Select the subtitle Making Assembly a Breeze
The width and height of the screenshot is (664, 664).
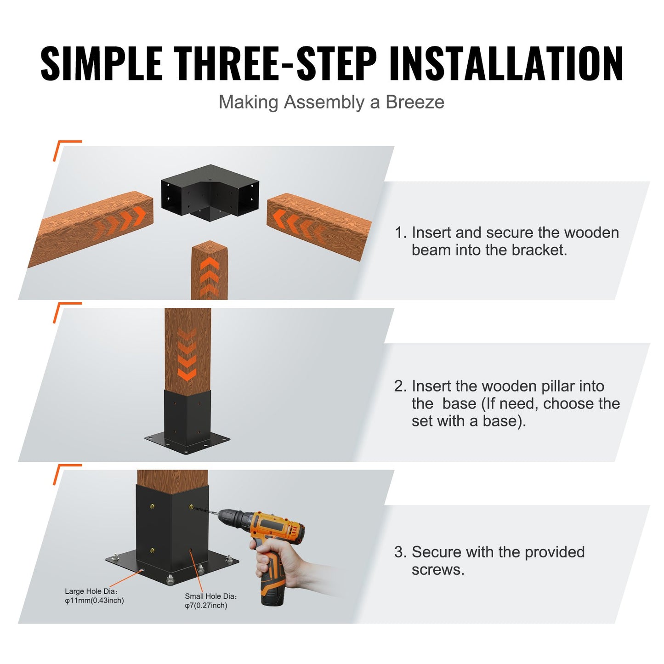(x=331, y=102)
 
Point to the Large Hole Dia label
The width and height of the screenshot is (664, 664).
(x=94, y=596)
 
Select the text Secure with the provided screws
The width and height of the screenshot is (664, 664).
(x=490, y=561)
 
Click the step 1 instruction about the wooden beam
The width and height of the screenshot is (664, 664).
(x=506, y=241)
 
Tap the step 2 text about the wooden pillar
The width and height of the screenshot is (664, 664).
(x=507, y=403)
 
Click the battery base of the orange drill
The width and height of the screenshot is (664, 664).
(x=273, y=593)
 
